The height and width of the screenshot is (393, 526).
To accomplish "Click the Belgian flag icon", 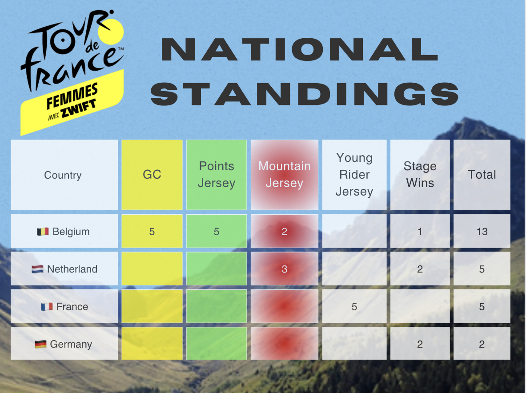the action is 43,232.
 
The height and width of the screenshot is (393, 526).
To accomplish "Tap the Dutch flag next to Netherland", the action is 37,269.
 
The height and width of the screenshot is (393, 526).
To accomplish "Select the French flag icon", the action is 47,306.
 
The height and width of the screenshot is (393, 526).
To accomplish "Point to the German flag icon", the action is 40,344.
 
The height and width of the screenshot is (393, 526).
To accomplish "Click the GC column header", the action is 152,175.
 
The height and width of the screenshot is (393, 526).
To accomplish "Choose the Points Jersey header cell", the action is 217,175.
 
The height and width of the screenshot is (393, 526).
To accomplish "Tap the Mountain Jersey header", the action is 285,175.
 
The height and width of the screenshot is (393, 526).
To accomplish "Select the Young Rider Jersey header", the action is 354,175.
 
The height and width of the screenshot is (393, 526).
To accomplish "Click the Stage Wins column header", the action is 420,175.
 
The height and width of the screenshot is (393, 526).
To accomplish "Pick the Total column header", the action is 482,175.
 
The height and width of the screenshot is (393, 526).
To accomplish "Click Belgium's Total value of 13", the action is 482,231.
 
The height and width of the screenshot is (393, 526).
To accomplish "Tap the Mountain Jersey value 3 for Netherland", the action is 285,269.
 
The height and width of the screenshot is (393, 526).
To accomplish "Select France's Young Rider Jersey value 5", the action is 354,306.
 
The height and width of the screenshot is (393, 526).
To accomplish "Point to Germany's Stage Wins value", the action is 420,344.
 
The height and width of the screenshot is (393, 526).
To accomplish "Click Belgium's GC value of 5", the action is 152,231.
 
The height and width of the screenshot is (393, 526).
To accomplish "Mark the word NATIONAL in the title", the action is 300,49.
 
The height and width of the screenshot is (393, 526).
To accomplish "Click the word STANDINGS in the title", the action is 305,94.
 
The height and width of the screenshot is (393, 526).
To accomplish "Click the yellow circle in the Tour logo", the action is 111,32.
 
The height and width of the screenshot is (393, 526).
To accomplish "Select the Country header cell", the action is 64,175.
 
